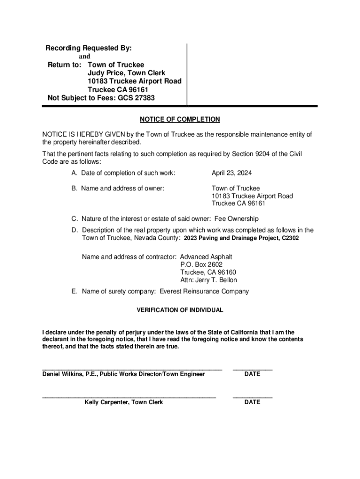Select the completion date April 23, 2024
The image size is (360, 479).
231,173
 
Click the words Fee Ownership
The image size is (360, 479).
236,218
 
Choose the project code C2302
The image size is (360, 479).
290,238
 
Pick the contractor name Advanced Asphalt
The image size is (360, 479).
206,257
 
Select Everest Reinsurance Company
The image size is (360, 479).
204,291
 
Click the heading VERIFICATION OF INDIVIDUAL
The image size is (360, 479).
180,310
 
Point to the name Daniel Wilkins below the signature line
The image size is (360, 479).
62,374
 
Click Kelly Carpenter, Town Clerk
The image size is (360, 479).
124,402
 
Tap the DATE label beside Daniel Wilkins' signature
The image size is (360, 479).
252,374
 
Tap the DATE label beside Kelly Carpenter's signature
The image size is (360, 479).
252,402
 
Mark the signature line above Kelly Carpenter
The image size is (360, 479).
129,397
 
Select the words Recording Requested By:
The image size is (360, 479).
88,48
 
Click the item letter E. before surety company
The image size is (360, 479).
74,291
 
